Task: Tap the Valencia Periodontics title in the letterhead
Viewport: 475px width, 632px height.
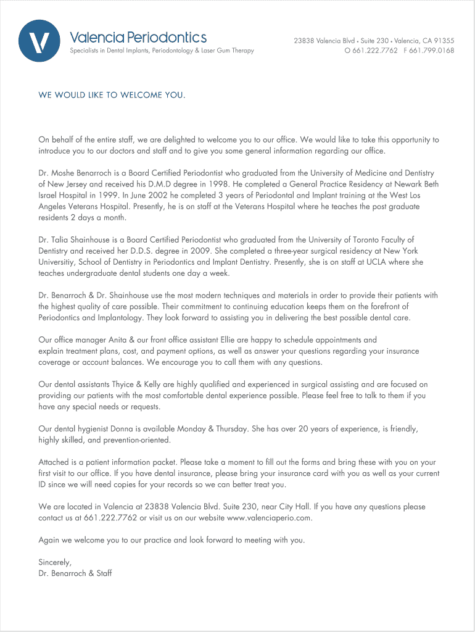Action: (138, 38)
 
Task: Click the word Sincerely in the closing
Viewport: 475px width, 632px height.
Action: (55, 562)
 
